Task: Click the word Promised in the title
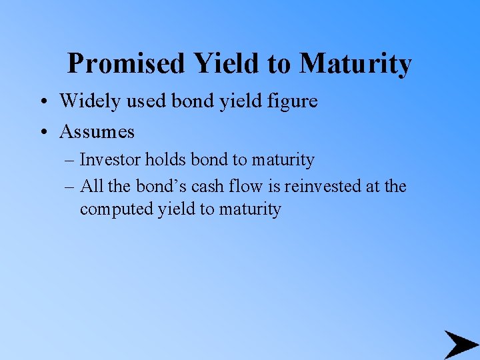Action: [126, 64]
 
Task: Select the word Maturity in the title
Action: [355, 64]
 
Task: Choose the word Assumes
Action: [97, 131]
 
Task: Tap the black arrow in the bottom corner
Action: [460, 344]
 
